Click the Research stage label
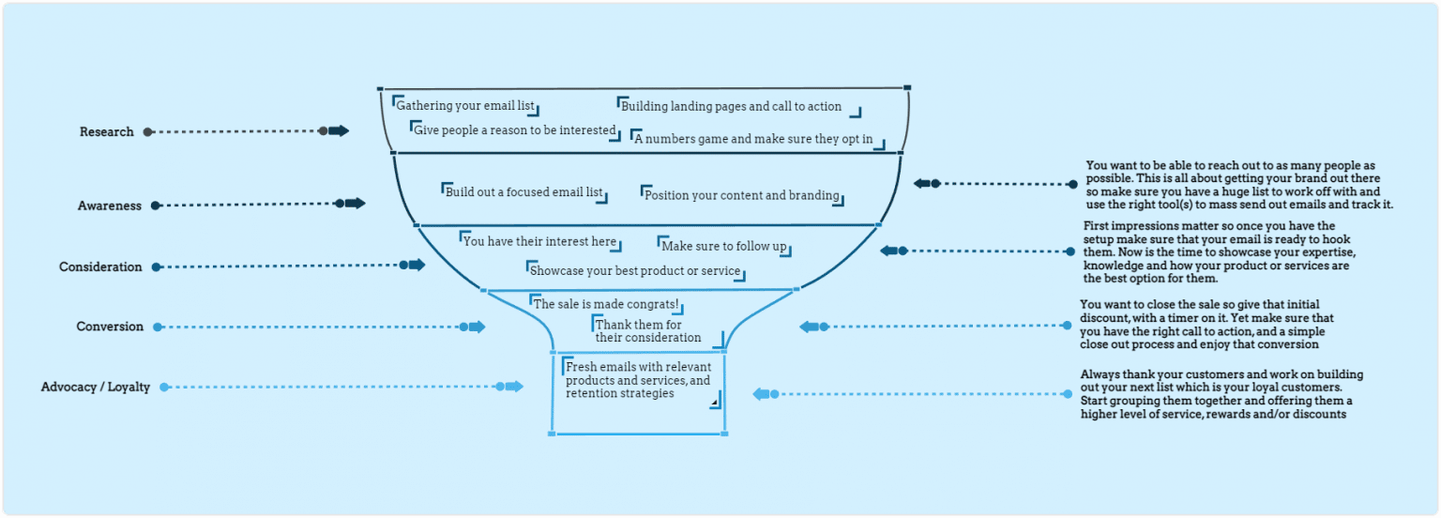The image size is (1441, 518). (x=106, y=132)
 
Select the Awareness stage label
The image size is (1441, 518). (x=109, y=206)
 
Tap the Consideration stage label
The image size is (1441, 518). (x=100, y=267)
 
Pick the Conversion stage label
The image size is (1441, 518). (x=110, y=328)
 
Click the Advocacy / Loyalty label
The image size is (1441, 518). (x=95, y=388)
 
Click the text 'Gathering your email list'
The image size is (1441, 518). (x=465, y=106)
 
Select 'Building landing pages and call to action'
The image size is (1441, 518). (x=731, y=107)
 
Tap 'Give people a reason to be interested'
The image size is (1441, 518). (x=514, y=130)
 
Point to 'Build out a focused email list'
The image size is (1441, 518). (x=523, y=192)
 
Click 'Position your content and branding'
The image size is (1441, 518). (x=741, y=195)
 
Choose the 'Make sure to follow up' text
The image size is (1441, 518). (x=723, y=246)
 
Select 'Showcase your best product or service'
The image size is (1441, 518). (x=635, y=271)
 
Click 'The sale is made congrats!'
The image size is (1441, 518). (x=605, y=304)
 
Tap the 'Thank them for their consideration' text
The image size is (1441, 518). (x=647, y=331)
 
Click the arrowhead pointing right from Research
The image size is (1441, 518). (x=339, y=131)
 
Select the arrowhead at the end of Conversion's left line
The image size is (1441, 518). (x=477, y=327)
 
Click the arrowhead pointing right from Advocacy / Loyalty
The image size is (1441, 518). (x=513, y=387)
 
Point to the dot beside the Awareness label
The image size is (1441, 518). (x=156, y=206)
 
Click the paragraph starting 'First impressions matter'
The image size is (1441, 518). (x=1216, y=252)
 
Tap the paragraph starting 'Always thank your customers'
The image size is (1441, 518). (x=1221, y=394)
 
